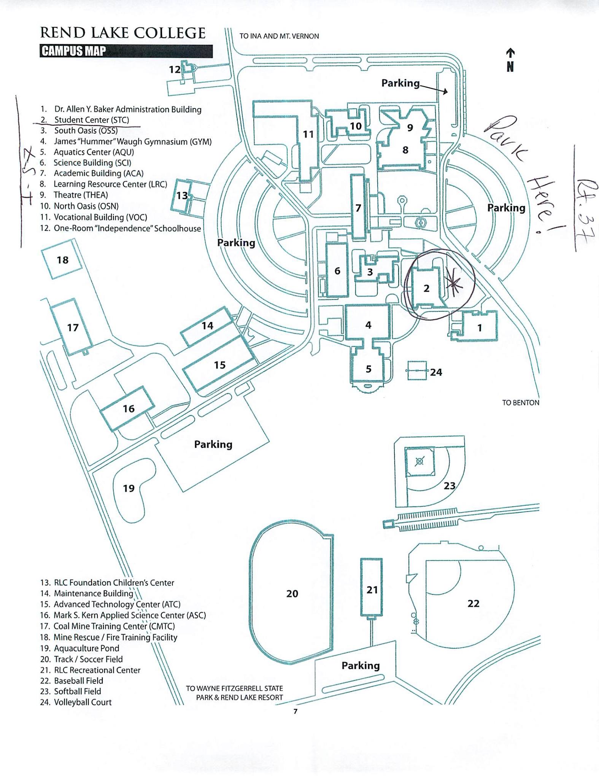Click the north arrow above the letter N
coord(510,53)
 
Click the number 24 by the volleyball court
coord(436,372)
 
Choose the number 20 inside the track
coord(292,593)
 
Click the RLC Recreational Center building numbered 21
coord(371,587)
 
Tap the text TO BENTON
coord(520,402)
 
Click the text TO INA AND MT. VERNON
coord(279,36)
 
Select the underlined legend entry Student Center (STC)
coord(92,120)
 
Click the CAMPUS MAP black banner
coord(126,51)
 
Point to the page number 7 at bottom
coord(296,711)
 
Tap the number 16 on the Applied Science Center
coord(129,409)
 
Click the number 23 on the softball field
coord(450,486)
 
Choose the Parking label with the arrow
coord(400,83)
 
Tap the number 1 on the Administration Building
coord(480,327)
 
